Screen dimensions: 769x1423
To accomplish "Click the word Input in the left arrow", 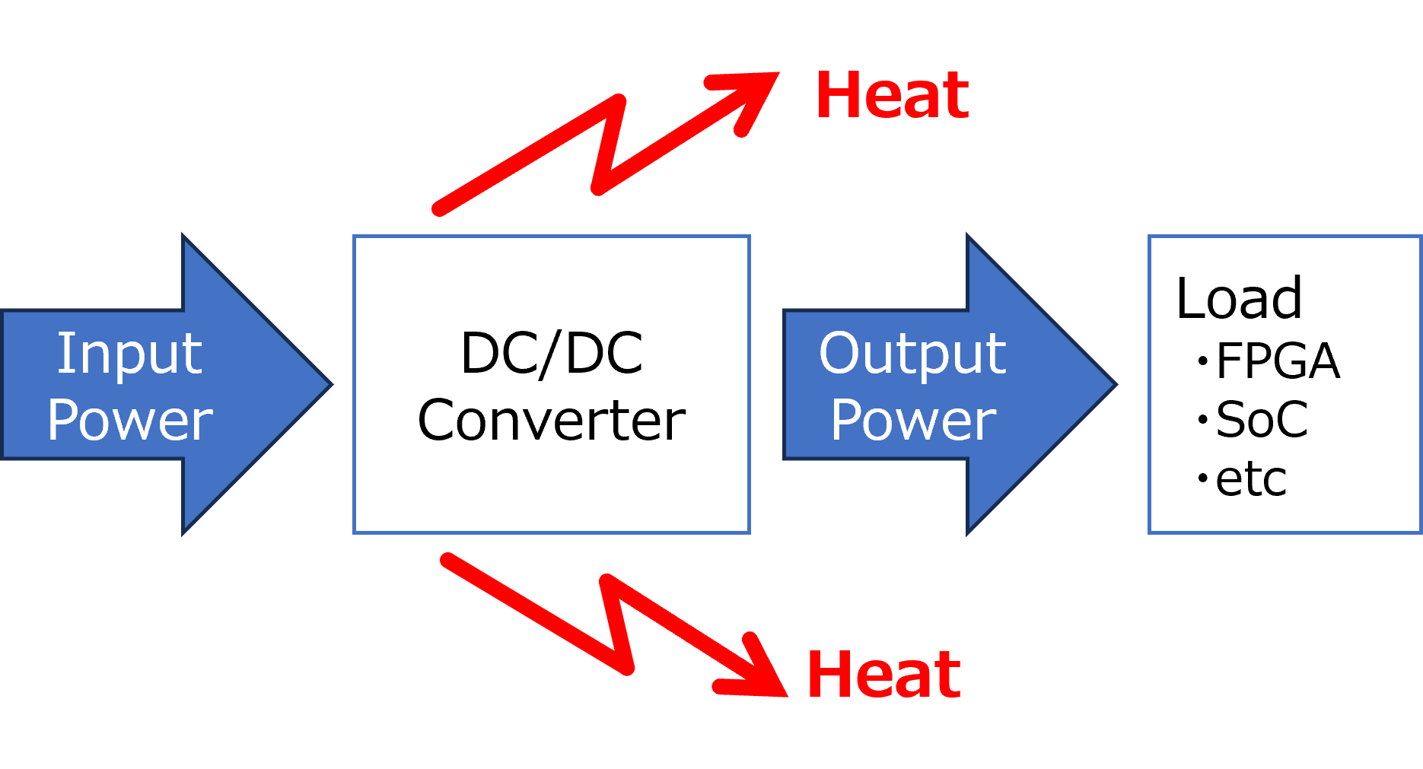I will click(129, 354).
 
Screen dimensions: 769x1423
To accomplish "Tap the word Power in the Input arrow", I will click(130, 420).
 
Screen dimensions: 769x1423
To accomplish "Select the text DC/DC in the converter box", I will click(552, 354).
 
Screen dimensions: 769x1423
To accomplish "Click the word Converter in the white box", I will click(552, 420).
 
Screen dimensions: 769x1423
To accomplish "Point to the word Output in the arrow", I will click(912, 354).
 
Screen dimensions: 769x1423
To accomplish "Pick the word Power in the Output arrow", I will click(913, 420).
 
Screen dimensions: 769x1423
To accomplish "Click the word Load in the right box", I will click(1239, 298).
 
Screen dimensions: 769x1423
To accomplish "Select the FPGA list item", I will click(1278, 361).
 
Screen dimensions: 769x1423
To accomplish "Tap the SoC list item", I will click(1262, 419).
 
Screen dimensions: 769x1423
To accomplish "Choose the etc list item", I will click(1251, 479).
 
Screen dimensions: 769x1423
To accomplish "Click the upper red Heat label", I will click(893, 96).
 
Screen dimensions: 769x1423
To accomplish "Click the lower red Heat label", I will click(883, 675).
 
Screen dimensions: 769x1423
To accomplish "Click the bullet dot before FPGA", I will click(1203, 361).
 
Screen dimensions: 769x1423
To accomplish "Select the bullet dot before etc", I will click(1203, 478).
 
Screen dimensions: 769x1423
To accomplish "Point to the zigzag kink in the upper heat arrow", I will click(609, 145).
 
